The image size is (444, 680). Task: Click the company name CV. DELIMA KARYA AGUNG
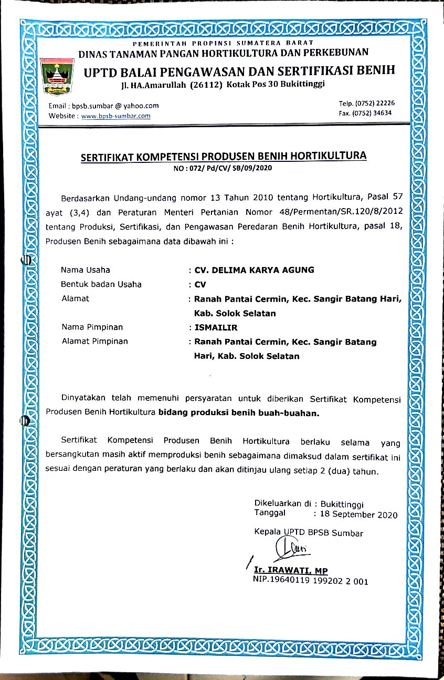(x=255, y=270)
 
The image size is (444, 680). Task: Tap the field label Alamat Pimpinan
(x=95, y=341)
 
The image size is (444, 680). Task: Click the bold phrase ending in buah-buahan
(x=239, y=413)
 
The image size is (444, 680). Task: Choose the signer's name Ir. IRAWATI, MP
(x=291, y=571)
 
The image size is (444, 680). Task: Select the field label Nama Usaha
(x=86, y=270)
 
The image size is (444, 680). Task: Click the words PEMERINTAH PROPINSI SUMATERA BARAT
(x=223, y=42)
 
